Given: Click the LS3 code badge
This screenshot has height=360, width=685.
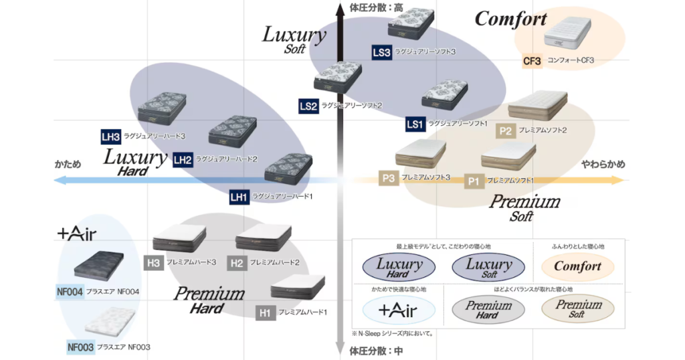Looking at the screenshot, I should pyautogui.click(x=381, y=52).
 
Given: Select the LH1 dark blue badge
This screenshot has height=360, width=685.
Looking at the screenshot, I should pyautogui.click(x=239, y=197).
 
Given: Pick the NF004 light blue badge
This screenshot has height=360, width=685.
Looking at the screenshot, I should pyautogui.click(x=70, y=292).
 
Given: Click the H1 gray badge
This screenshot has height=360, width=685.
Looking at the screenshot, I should pyautogui.click(x=265, y=312).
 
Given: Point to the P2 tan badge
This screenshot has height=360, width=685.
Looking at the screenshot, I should pyautogui.click(x=505, y=131).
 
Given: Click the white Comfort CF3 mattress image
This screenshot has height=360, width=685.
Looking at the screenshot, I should pyautogui.click(x=567, y=33).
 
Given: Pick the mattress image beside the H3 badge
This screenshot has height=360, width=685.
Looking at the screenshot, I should pyautogui.click(x=179, y=238).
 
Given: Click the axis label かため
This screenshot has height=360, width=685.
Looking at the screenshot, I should pyautogui.click(x=68, y=163).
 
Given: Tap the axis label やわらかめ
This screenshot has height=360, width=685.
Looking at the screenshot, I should pyautogui.click(x=603, y=164).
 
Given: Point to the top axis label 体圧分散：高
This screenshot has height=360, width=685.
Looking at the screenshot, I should pyautogui.click(x=377, y=7).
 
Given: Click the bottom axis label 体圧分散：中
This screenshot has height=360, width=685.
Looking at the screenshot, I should pyautogui.click(x=377, y=350).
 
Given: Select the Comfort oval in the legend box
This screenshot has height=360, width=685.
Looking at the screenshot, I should pyautogui.click(x=577, y=266).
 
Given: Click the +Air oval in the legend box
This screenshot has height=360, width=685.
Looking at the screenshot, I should pyautogui.click(x=399, y=310).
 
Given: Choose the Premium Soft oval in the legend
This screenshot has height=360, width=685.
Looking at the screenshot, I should pyautogui.click(x=577, y=309).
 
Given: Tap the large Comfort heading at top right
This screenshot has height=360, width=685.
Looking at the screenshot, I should pyautogui.click(x=510, y=19).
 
